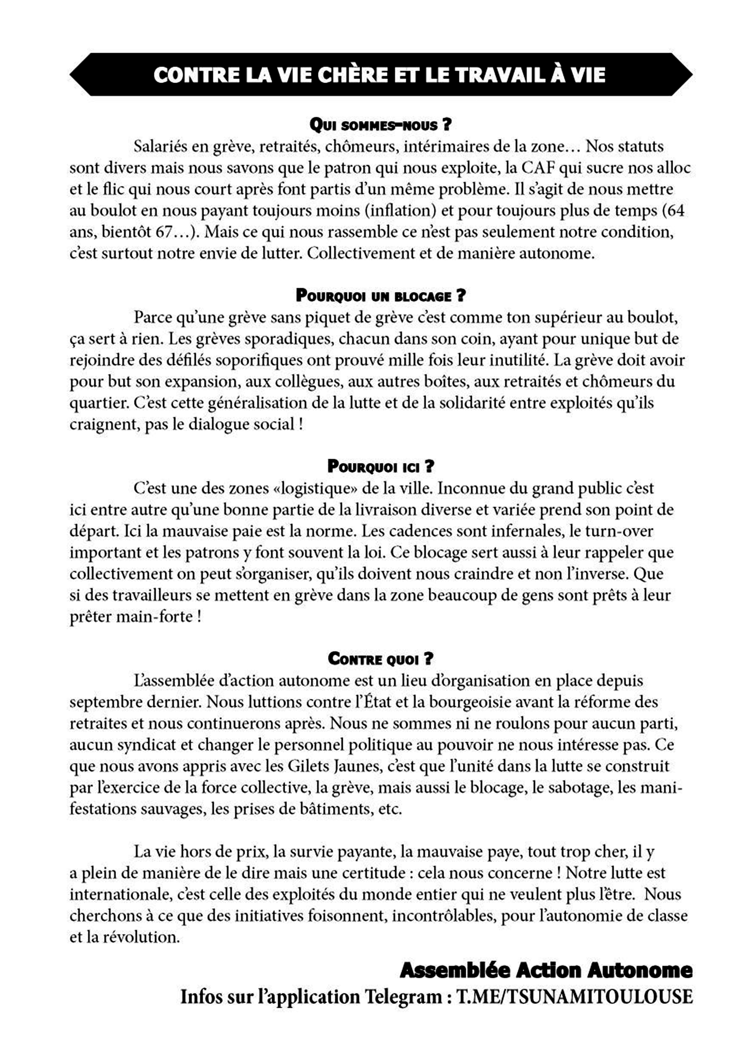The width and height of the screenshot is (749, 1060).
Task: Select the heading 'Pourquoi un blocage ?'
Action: click(x=380, y=296)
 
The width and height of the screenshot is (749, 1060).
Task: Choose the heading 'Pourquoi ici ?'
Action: click(x=380, y=466)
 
